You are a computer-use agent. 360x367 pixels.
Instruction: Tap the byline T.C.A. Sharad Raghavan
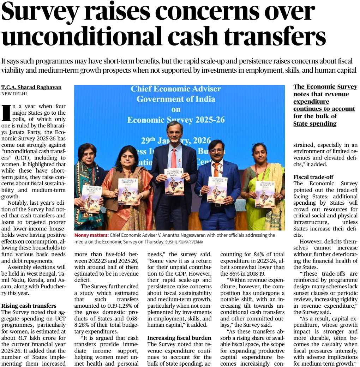click(x=31, y=87)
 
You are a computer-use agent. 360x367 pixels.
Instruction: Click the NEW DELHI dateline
click(x=14, y=94)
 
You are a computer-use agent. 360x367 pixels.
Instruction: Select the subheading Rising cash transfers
click(x=29, y=306)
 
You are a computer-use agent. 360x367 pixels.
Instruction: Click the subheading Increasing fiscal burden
click(x=179, y=338)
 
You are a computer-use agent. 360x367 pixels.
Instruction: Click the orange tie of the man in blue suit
click(x=216, y=170)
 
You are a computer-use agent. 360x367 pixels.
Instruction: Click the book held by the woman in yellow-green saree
click(x=265, y=194)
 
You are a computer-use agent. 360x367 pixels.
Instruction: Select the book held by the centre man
click(x=174, y=181)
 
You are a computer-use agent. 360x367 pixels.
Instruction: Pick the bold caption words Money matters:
click(x=91, y=235)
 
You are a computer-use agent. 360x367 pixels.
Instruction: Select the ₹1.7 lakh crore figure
click(x=34, y=338)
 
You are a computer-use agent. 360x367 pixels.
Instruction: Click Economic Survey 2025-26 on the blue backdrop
click(x=176, y=120)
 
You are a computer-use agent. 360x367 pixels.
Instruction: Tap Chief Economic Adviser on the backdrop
click(x=176, y=89)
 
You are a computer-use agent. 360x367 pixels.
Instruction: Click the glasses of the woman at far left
click(x=88, y=154)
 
